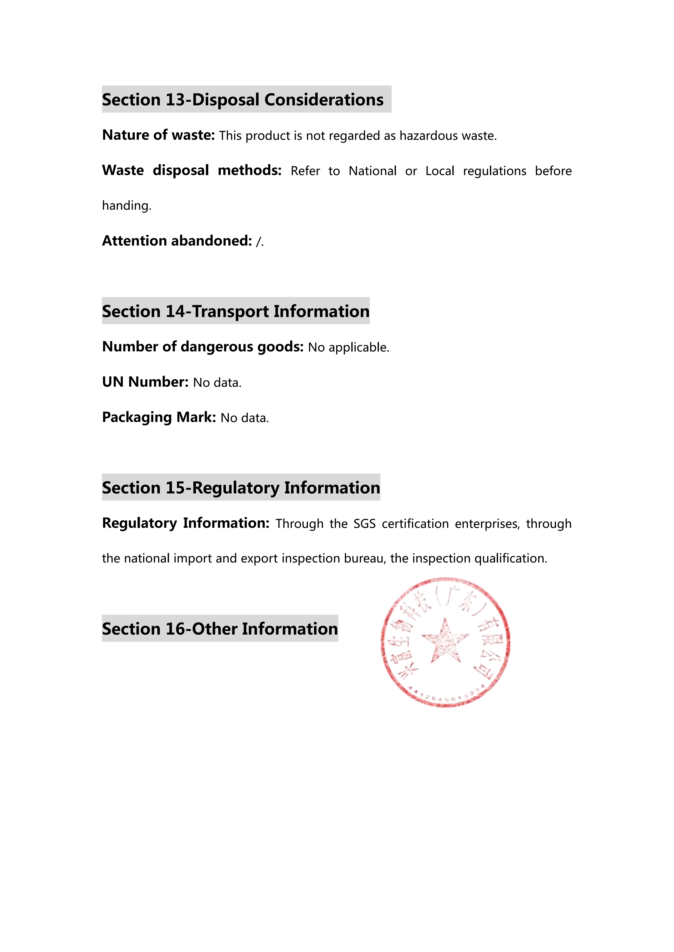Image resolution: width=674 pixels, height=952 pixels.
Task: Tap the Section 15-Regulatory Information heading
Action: coord(241,488)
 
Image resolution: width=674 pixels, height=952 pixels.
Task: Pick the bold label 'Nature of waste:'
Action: coord(158,135)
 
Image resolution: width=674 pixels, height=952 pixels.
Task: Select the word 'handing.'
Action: coord(127,206)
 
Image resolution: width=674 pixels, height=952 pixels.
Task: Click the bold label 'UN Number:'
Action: coord(145,382)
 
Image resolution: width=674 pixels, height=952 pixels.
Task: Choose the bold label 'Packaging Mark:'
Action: coord(159,417)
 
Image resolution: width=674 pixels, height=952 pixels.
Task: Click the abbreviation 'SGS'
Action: coord(364,524)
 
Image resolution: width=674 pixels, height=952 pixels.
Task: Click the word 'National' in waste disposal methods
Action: coord(372,171)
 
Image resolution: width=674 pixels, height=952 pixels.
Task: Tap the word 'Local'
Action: coord(440,171)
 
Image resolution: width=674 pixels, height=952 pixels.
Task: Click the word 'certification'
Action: coord(415,524)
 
